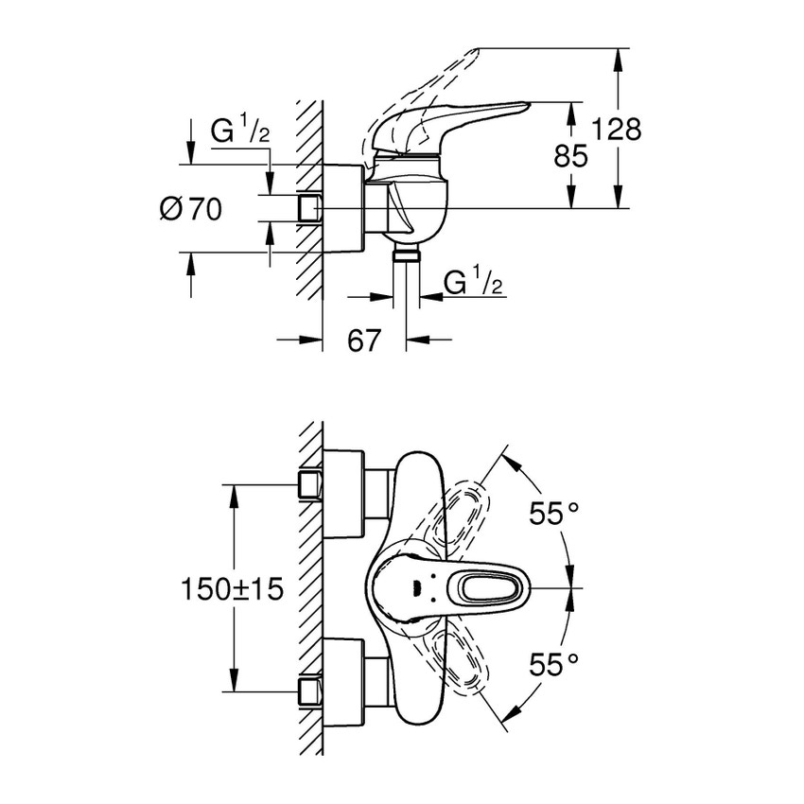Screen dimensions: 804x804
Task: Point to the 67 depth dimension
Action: click(364, 340)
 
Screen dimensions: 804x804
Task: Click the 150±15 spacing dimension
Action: click(232, 589)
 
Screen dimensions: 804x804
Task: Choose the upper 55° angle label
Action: click(553, 515)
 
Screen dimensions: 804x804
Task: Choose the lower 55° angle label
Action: click(553, 666)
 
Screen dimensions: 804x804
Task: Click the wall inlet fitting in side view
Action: click(309, 208)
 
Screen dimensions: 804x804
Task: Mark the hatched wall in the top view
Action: click(309, 586)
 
